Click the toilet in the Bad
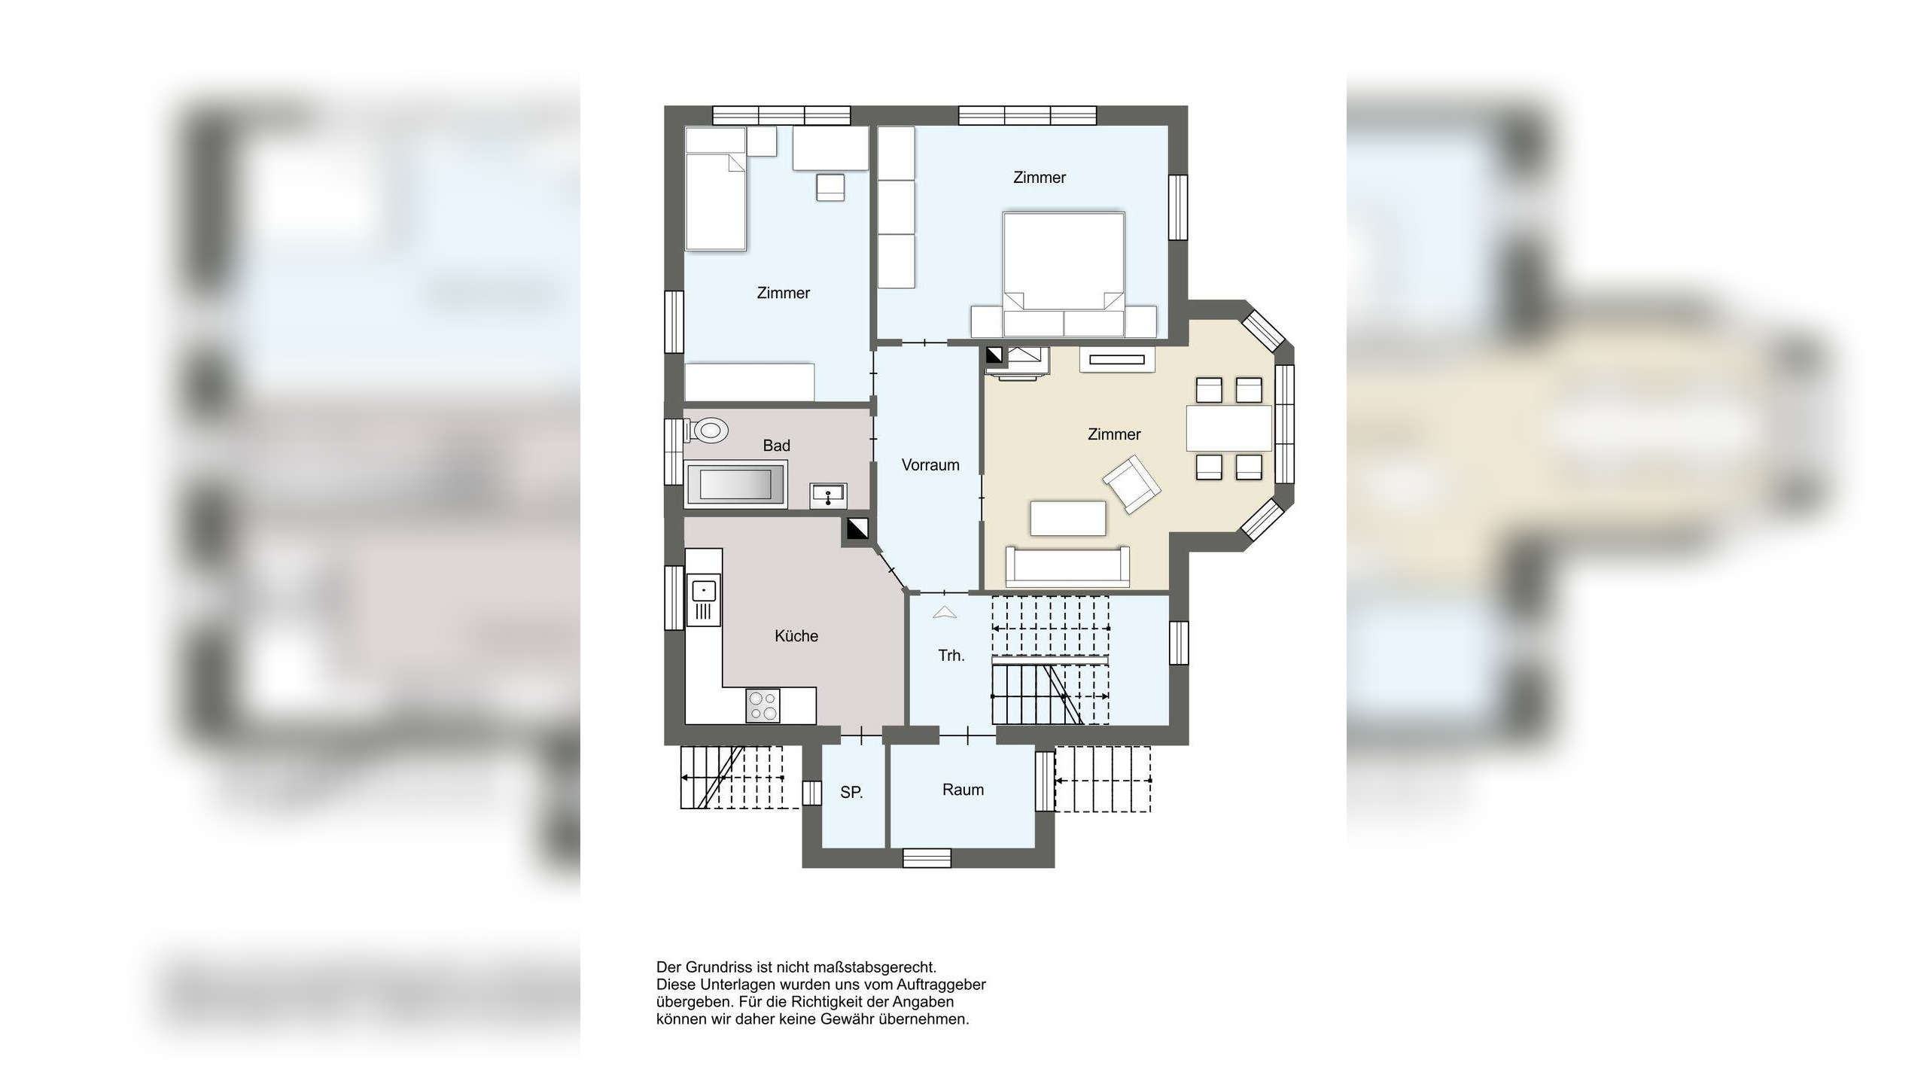(x=707, y=431)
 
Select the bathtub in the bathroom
(x=736, y=484)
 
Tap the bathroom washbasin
(x=828, y=495)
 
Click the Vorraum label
(x=930, y=465)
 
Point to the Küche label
(x=796, y=636)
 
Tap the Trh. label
(x=951, y=656)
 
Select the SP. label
(x=851, y=792)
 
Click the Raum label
(x=963, y=790)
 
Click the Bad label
(x=777, y=446)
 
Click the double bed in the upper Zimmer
(x=1064, y=274)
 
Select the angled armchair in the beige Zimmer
(x=1131, y=484)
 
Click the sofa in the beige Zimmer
(x=1068, y=567)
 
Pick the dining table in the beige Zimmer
(x=1229, y=428)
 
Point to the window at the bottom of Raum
(x=927, y=857)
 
